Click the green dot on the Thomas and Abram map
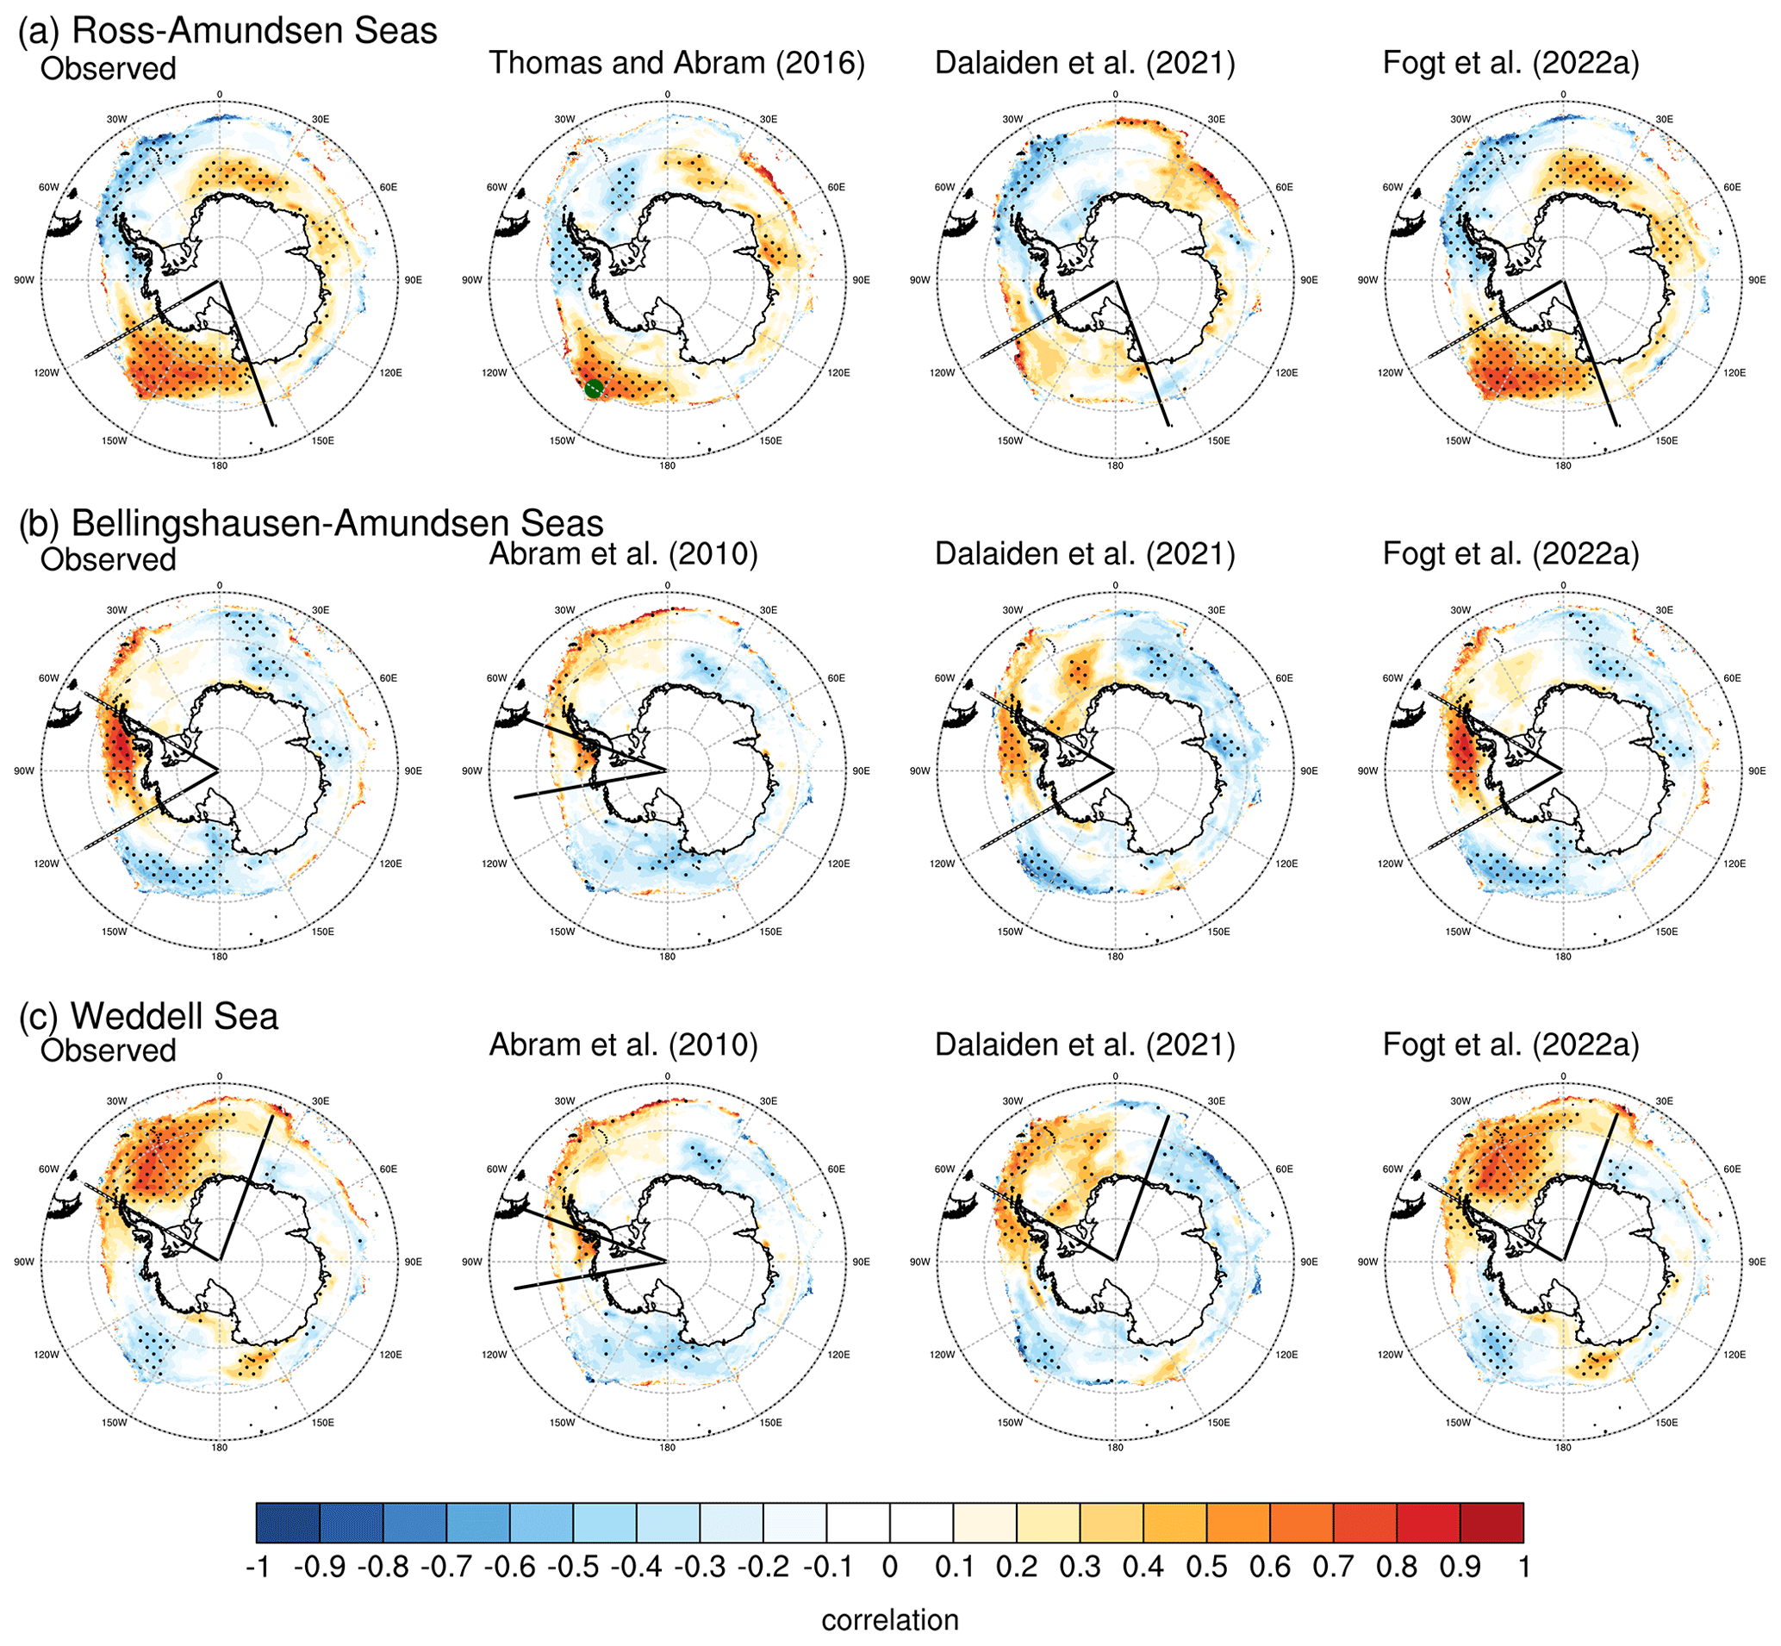point(595,388)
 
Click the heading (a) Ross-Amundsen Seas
point(228,30)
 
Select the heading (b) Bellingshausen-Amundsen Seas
point(311,523)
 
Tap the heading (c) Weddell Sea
point(149,1015)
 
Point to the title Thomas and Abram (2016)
point(676,62)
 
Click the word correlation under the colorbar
point(889,1619)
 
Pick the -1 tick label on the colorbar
point(258,1566)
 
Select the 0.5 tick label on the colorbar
point(1206,1566)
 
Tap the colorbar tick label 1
point(1523,1566)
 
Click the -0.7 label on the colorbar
point(445,1566)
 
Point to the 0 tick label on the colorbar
point(889,1566)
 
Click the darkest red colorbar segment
point(1491,1522)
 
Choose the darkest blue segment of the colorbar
point(288,1522)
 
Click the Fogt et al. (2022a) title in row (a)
point(1511,62)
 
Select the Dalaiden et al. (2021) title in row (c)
point(1085,1044)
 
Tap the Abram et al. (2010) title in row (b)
point(623,553)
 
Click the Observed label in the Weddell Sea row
point(108,1051)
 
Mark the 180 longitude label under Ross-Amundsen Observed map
point(219,466)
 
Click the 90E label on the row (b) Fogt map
point(1756,770)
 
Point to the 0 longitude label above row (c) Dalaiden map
point(1115,1077)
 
